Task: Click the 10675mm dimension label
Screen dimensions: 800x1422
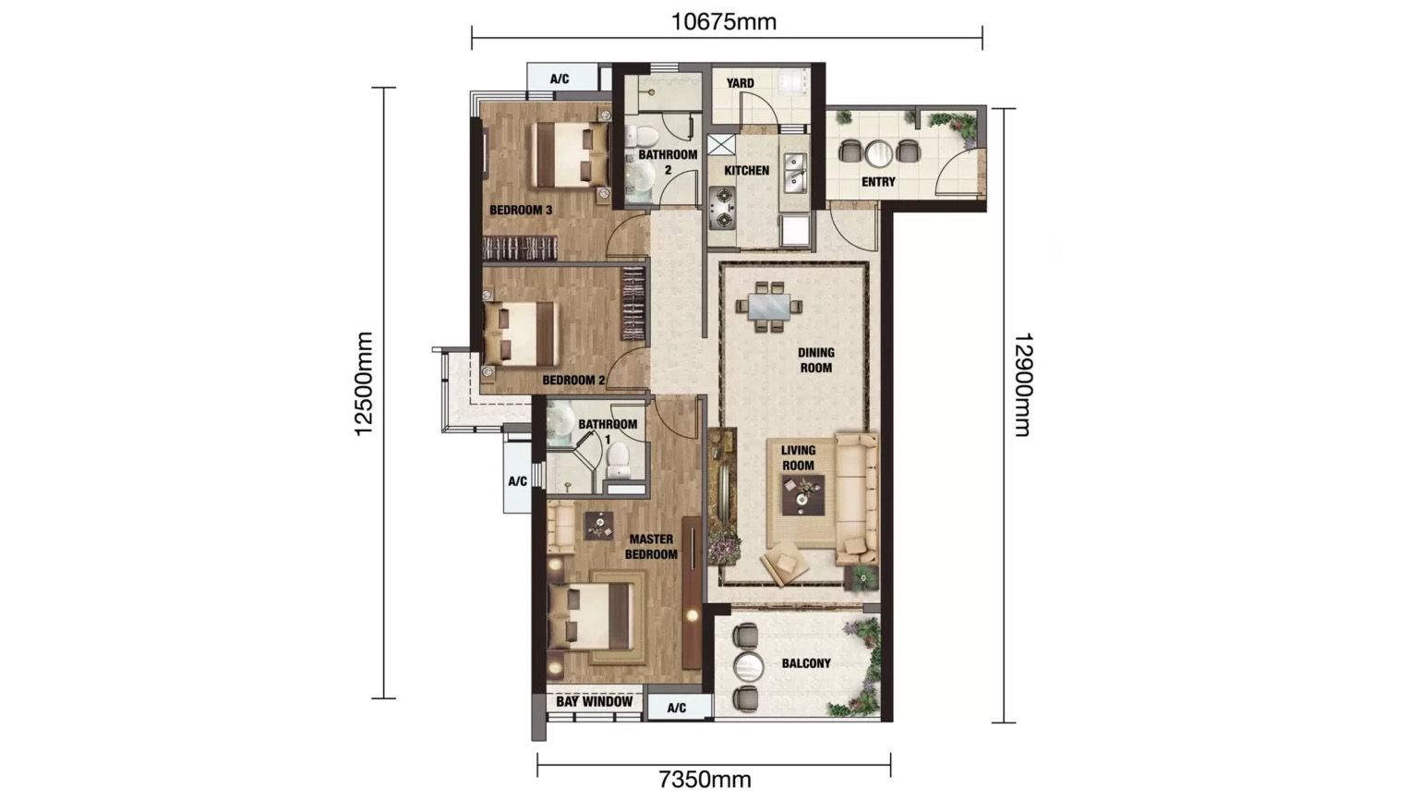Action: tap(723, 21)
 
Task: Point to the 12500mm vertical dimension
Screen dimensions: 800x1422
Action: tap(364, 383)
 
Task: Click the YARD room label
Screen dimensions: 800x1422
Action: tap(740, 83)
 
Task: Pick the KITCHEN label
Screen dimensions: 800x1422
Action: tap(746, 171)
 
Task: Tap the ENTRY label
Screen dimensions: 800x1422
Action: tap(878, 182)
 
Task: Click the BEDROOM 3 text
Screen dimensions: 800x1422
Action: tap(521, 211)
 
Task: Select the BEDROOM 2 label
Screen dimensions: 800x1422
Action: tap(573, 381)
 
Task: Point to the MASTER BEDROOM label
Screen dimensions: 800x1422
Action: tap(651, 547)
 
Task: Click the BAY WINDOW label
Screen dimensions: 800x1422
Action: tap(595, 702)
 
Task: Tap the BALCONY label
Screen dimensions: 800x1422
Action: tap(806, 663)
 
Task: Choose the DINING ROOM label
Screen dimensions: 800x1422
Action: tap(815, 360)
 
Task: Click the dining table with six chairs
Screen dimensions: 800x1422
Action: tap(769, 306)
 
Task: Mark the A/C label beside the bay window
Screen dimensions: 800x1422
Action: tap(677, 709)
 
